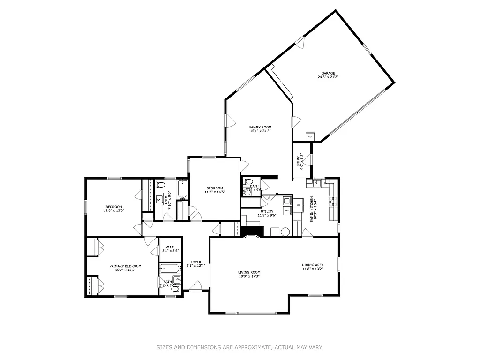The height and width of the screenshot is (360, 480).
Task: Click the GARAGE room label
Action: (328, 73)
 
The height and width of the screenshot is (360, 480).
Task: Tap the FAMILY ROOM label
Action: (260, 127)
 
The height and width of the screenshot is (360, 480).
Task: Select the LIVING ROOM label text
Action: (249, 272)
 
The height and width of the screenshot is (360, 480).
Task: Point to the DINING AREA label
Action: (313, 265)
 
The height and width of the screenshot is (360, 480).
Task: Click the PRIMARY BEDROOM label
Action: (125, 266)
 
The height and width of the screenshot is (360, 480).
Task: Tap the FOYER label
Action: (195, 262)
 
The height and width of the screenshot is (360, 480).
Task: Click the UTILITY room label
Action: (267, 211)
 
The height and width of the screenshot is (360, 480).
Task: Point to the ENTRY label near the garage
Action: (298, 161)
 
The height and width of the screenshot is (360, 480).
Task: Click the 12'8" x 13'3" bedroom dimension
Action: (114, 210)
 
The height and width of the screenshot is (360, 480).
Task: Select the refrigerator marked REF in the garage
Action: (310, 136)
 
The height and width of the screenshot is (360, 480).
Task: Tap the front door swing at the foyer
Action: (196, 286)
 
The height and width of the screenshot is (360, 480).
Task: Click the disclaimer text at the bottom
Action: (240, 347)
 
